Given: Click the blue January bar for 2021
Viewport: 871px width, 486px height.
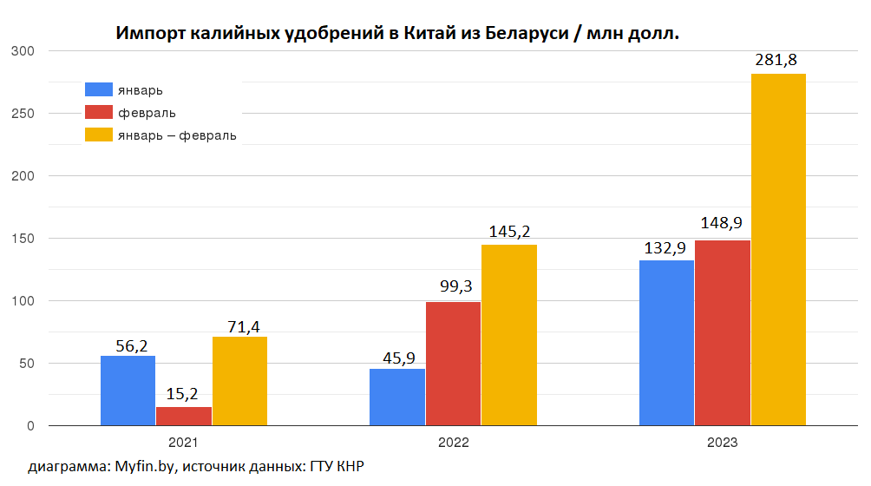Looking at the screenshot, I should tap(128, 391).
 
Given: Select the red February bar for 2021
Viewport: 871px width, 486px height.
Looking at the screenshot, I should tap(184, 416).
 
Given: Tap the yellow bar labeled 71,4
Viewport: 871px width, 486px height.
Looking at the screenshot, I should tap(239, 381).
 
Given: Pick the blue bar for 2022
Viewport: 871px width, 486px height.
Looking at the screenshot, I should tap(397, 397).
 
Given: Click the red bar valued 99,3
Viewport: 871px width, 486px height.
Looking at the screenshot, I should tap(453, 364).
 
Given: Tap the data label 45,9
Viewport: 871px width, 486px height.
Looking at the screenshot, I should tap(397, 355).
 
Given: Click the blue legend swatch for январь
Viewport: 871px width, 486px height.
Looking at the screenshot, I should tap(99, 90).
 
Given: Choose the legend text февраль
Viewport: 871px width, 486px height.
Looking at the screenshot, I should tap(147, 113).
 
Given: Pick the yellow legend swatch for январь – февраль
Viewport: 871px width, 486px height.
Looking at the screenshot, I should tap(99, 135).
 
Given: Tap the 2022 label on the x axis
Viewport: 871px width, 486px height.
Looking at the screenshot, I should tap(453, 443).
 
